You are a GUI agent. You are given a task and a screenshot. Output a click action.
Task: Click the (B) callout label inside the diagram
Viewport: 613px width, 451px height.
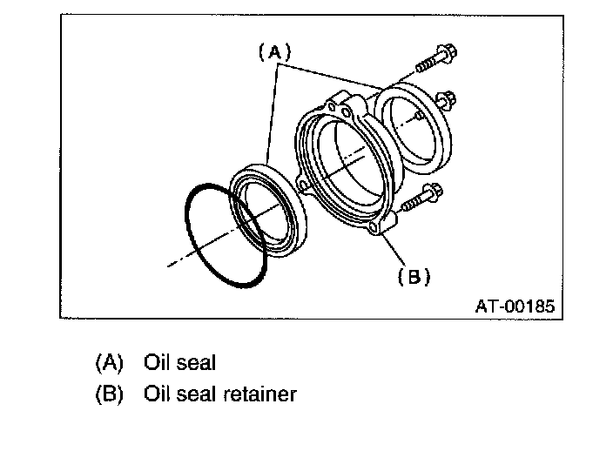[x=414, y=277]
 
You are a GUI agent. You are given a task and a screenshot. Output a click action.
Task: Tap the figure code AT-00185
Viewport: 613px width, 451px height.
[x=513, y=306]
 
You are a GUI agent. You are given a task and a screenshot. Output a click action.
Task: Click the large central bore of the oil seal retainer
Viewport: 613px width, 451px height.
[x=348, y=165]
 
